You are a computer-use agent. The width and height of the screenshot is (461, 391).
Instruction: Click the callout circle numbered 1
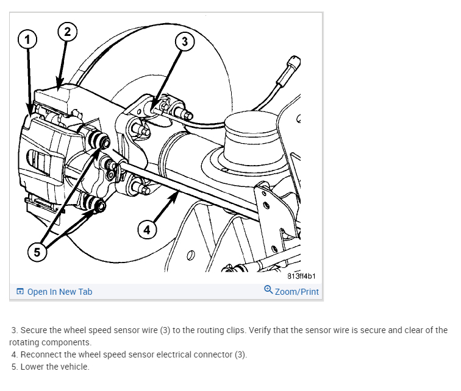coord(25,40)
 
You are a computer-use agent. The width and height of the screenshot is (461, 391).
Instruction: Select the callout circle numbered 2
coord(68,32)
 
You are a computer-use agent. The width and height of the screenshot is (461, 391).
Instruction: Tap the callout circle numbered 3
coord(185,41)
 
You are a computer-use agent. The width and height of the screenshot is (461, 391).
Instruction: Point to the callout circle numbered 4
coord(145,230)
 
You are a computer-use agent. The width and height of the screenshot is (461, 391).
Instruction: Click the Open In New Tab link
coord(60,292)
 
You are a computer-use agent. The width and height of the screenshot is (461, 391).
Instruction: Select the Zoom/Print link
coord(296,292)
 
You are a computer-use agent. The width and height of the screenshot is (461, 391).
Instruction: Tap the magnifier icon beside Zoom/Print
coord(268,291)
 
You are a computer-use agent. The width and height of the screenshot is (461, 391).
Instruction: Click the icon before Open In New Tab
coord(20,292)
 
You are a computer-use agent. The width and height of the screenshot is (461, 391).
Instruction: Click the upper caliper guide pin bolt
coord(104,143)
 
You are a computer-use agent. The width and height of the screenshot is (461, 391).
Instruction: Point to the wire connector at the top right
coord(293,63)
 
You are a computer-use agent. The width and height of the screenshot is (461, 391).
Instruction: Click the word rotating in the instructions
coord(26,342)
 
